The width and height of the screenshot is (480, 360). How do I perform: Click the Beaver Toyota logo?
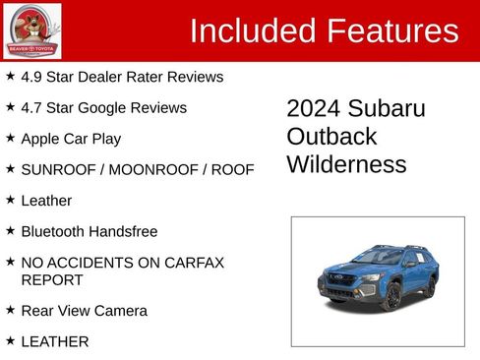tap(31, 30)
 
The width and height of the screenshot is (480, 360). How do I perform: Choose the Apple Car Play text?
tap(71, 139)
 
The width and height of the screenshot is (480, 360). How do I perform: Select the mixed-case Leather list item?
tap(46, 201)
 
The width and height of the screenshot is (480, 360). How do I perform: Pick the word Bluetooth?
tap(55, 232)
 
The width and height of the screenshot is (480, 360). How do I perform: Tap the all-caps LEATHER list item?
tap(55, 341)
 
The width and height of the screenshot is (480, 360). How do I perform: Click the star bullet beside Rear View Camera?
tap(10, 310)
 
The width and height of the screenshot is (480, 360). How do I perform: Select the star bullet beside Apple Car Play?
tap(10, 138)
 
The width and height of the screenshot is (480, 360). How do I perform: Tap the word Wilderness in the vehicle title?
tap(346, 163)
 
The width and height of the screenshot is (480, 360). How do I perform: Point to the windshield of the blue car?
tap(378, 258)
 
